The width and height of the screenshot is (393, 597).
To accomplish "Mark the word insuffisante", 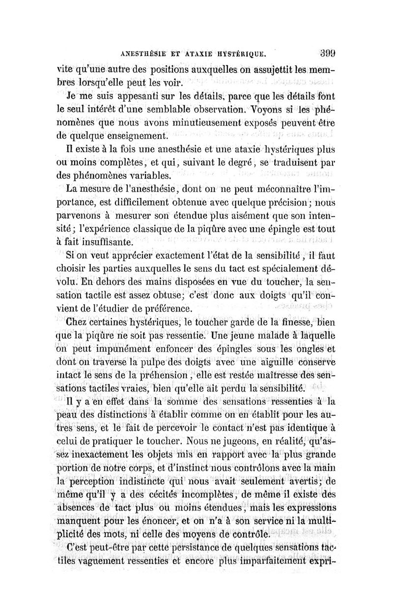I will pyautogui.click(x=108, y=242).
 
